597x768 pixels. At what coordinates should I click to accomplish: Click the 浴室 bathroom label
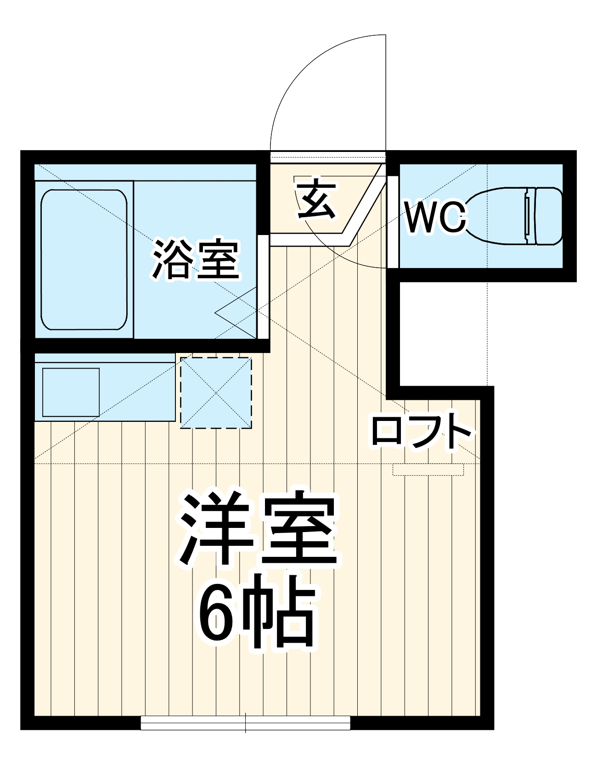[196, 259]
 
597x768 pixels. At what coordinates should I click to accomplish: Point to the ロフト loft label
[422, 432]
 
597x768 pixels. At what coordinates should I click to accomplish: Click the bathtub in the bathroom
[84, 260]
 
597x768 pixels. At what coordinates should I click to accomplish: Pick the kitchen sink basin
[71, 392]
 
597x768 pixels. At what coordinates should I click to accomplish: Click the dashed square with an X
[216, 393]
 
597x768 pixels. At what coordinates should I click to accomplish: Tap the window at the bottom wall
[245, 723]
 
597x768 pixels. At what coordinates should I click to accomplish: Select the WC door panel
[393, 221]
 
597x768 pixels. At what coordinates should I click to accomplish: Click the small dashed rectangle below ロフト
[428, 470]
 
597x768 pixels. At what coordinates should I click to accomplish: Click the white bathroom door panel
[263, 286]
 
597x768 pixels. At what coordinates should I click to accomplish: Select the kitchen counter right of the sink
[138, 392]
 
